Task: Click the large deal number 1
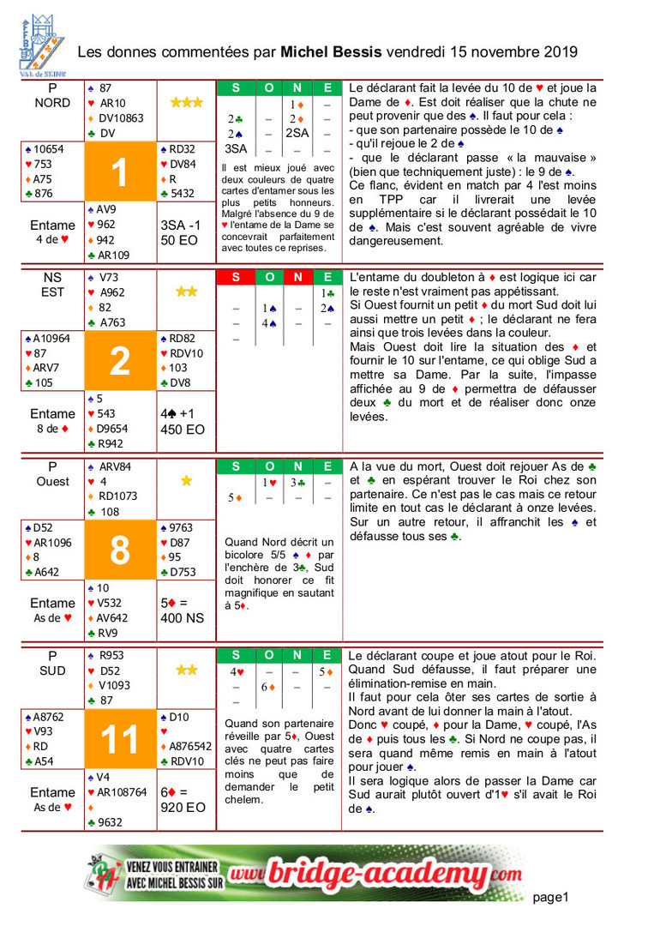(120, 173)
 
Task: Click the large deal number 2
(120, 361)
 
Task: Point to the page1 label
(550, 897)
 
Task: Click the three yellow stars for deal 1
(186, 103)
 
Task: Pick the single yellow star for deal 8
(186, 481)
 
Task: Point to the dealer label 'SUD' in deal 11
(53, 670)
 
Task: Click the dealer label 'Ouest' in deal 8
(53, 482)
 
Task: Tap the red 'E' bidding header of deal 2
(327, 277)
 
